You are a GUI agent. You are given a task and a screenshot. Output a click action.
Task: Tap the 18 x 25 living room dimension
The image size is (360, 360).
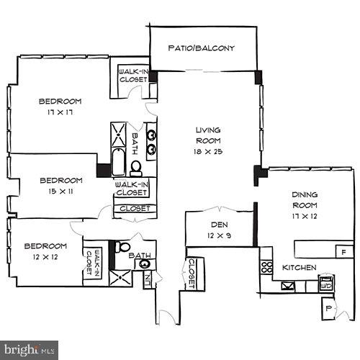207,153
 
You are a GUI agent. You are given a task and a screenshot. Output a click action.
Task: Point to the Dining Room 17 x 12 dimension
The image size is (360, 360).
305,217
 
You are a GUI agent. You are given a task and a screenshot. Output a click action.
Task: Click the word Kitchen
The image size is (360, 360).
300,267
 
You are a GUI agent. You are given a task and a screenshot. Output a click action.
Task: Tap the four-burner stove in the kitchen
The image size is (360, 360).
266,269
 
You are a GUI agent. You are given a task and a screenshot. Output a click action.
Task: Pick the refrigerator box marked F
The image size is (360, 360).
343,252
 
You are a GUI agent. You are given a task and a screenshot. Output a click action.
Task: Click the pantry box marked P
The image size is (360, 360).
328,307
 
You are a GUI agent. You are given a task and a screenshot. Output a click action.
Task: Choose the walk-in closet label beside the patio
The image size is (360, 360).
133,76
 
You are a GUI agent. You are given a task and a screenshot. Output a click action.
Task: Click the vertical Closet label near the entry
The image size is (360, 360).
192,273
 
